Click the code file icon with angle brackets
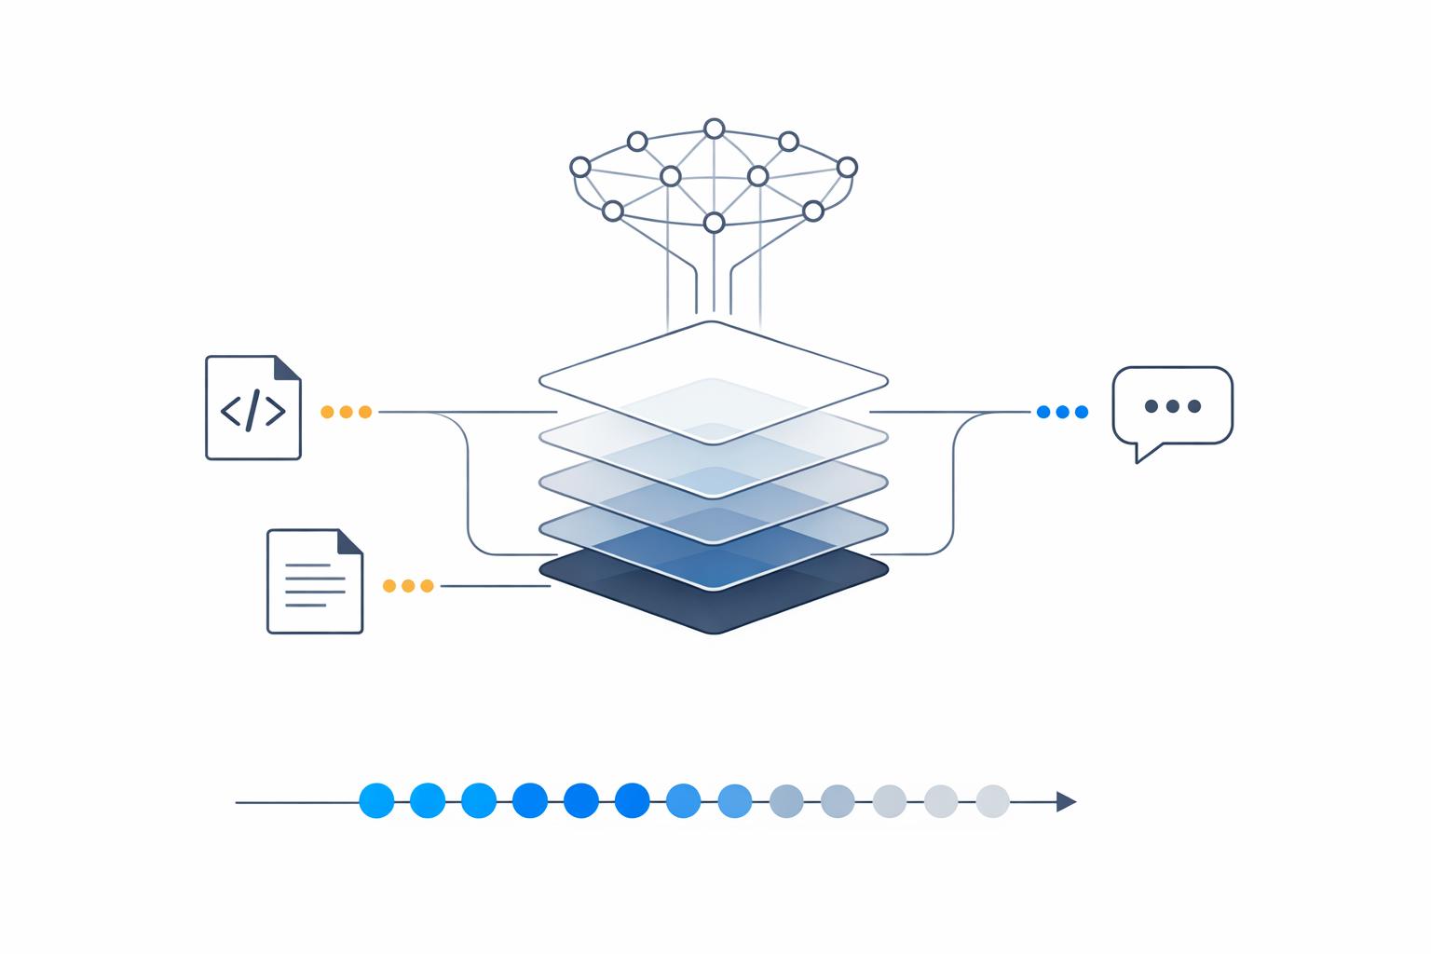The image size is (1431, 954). pos(252,407)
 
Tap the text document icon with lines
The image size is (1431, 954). pos(314,581)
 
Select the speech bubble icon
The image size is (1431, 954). pos(1172,406)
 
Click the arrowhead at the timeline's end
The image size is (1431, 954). pos(1066,801)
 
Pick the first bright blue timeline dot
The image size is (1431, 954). pos(376,800)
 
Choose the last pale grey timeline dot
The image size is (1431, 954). pos(992,801)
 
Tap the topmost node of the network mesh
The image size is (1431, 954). pos(714,129)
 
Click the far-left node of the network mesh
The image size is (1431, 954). pos(579,167)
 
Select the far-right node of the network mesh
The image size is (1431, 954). pos(847,167)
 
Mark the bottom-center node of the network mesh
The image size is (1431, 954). pos(714,223)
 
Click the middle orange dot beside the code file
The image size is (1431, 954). pos(346,412)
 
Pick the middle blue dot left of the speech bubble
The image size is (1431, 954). pos(1062,412)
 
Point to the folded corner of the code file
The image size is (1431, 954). pos(288,368)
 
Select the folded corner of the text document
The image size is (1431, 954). pos(349,542)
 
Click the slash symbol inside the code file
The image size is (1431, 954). pos(252,411)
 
